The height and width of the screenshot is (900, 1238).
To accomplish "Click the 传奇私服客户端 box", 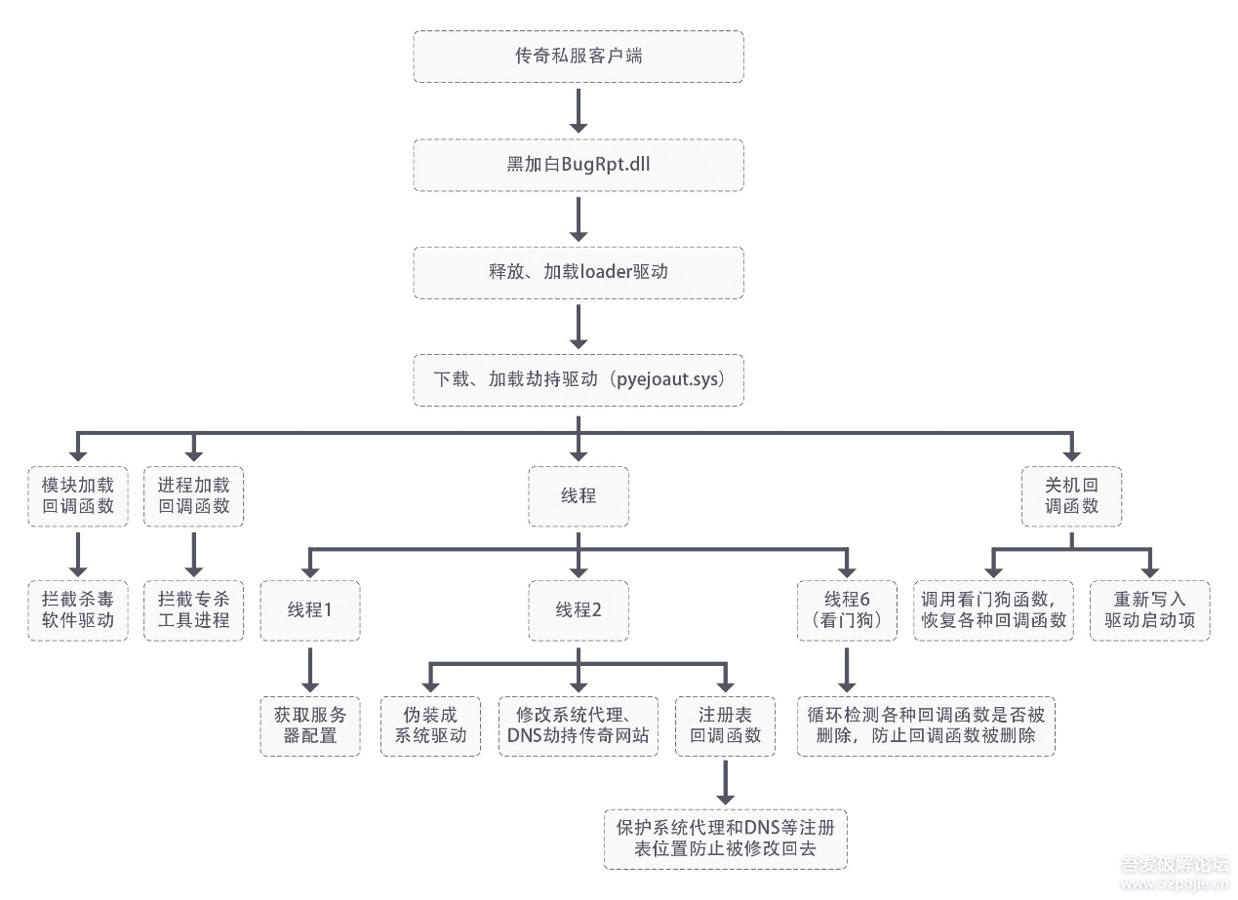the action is click(579, 57).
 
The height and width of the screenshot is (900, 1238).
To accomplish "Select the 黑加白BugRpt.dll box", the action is click(579, 165).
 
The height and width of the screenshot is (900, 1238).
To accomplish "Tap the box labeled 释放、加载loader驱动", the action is click(579, 272).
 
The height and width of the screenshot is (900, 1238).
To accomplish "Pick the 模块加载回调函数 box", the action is click(78, 496).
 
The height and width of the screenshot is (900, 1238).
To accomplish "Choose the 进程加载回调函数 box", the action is click(193, 496).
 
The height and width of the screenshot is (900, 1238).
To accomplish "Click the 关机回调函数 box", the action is click(1071, 496).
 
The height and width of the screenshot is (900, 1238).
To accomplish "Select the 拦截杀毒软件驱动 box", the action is click(78, 610).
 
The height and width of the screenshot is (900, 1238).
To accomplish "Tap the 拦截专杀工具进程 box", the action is click(193, 610).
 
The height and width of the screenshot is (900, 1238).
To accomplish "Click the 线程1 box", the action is click(310, 610).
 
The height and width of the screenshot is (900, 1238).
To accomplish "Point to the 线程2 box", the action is click(579, 610).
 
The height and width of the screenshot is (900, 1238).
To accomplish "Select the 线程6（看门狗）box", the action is click(847, 610).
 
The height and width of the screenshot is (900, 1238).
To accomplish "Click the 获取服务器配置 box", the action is click(310, 726).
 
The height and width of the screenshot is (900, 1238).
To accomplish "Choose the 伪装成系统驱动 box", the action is click(430, 726).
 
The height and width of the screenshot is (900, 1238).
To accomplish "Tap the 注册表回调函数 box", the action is click(725, 726).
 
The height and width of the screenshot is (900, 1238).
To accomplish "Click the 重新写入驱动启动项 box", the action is click(1149, 610).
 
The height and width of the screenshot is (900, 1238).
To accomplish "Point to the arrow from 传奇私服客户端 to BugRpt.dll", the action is click(579, 111).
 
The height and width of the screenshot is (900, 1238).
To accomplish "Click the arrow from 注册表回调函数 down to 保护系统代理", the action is click(725, 783).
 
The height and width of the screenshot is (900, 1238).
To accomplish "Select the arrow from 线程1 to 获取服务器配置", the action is click(310, 670).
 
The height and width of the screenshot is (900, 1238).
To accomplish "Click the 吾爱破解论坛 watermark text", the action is click(1175, 864).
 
